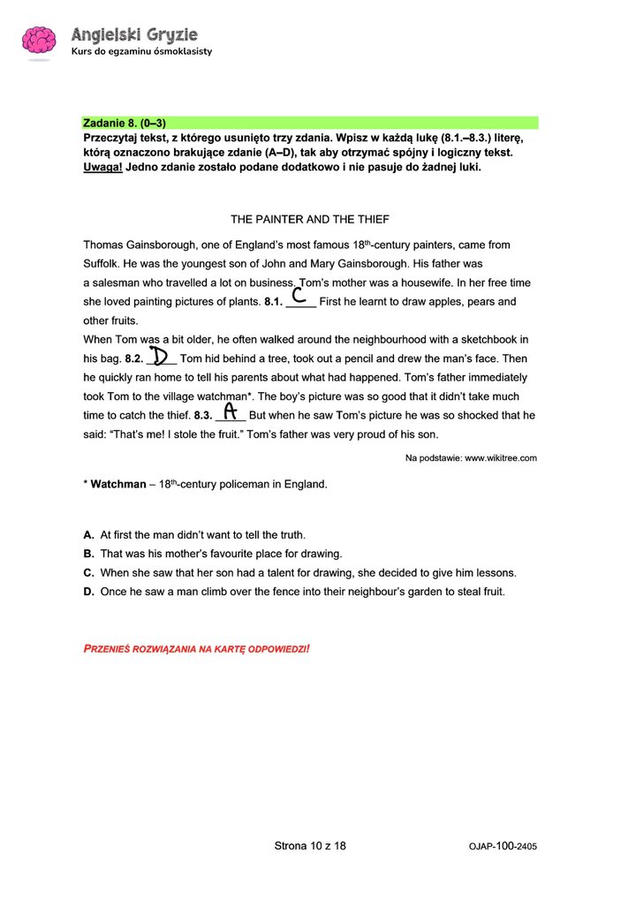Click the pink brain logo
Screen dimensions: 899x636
39,42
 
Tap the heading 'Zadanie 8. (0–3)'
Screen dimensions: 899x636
125,123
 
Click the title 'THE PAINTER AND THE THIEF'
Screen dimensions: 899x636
310,219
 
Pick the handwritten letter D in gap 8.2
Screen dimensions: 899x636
160,355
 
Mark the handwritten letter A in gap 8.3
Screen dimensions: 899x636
230,411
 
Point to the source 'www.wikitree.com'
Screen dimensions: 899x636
501,458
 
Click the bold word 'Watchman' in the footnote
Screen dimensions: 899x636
118,485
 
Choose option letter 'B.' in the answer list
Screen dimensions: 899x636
89,554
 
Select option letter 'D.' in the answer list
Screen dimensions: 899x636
89,592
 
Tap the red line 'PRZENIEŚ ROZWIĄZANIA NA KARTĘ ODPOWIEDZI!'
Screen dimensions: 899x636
196,649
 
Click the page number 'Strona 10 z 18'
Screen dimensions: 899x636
310,846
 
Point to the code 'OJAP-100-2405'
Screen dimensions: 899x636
503,847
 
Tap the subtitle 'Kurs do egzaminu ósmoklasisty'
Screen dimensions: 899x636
141,51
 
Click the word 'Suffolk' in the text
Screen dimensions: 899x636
101,263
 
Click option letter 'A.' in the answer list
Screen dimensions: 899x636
89,535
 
